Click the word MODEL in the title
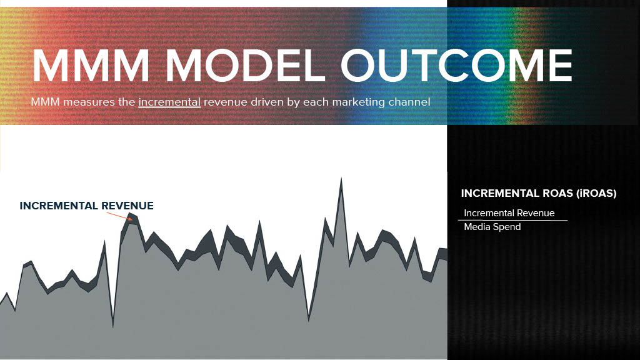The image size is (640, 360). (245, 65)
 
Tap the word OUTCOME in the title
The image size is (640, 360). (456, 65)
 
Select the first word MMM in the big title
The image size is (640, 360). (91, 65)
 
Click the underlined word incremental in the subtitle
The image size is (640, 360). (169, 102)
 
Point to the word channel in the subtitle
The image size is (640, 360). (409, 102)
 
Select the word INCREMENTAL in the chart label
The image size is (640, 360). (59, 206)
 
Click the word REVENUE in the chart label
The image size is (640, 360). (127, 206)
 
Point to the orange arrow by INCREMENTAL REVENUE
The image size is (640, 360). (119, 216)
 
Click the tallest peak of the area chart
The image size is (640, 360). (341, 179)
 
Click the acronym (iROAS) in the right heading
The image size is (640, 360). (596, 193)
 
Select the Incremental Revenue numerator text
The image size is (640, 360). (509, 213)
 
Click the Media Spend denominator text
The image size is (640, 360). (492, 227)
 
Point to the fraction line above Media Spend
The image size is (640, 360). (512, 221)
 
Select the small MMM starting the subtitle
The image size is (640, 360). (45, 102)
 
